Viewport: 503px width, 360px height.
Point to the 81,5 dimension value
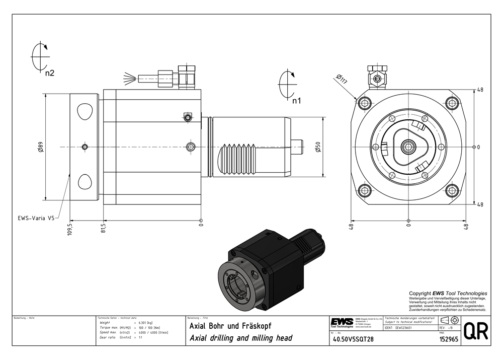[104, 228]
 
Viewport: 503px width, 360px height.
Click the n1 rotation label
[296, 101]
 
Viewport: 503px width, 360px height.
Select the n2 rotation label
[49, 73]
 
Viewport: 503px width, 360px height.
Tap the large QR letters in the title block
[475, 331]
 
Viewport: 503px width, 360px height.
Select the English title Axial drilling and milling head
[240, 338]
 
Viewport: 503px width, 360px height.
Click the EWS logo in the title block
[342, 322]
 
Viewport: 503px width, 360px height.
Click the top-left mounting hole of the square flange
[365, 104]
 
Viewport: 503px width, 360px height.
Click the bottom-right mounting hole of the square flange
[452, 190]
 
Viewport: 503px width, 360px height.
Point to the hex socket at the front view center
[408, 147]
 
